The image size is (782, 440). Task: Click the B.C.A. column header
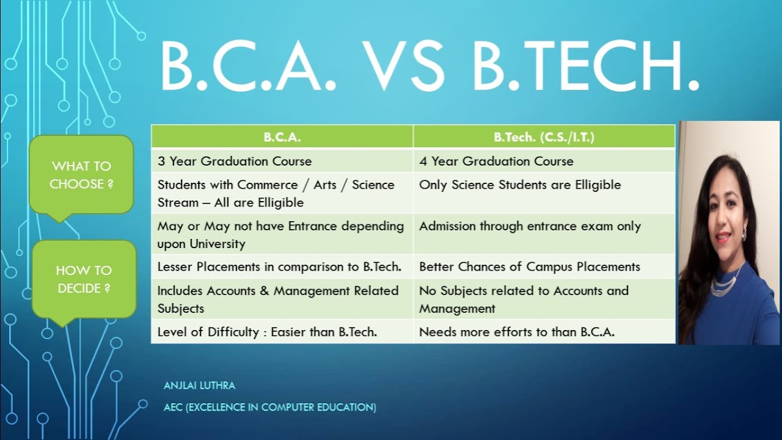coord(282,137)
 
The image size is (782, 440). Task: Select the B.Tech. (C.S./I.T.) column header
coord(544,137)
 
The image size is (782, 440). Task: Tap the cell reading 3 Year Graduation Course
coord(282,161)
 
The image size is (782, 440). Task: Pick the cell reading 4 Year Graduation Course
coord(544,161)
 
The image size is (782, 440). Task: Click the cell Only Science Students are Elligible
coord(544,193)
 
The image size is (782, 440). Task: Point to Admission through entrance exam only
coord(544,234)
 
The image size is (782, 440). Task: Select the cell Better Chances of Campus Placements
coord(544,267)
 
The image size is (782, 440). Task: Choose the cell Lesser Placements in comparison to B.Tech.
coord(282,267)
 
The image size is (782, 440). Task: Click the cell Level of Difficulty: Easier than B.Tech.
coord(282,332)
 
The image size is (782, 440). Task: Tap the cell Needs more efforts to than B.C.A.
coord(544,332)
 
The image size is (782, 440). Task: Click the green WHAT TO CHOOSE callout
coord(81,175)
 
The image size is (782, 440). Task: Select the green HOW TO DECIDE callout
coord(84,279)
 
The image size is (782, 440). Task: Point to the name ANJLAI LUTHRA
coord(199,386)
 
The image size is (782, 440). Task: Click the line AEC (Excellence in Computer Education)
coord(270,407)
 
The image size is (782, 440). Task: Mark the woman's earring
coord(745,235)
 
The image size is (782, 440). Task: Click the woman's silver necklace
coord(726,282)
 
